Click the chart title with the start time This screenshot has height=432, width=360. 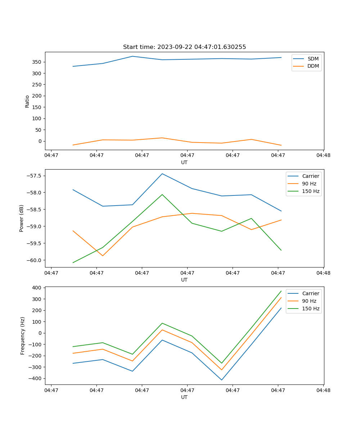click(184, 47)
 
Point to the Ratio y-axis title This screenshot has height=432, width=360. click(27, 101)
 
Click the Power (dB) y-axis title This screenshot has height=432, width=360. click(22, 218)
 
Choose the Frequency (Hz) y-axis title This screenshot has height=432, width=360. click(23, 336)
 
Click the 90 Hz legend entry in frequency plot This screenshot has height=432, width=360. click(309, 301)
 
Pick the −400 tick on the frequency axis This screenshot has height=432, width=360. click(36, 378)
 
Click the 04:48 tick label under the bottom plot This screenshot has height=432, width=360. click(323, 390)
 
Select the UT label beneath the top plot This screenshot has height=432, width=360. click(184, 162)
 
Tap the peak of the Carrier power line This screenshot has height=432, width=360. click(162, 174)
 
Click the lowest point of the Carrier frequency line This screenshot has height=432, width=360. click(222, 380)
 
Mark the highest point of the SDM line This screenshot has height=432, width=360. click(132, 56)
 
